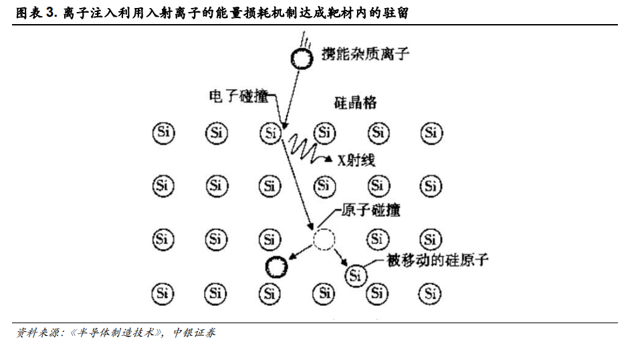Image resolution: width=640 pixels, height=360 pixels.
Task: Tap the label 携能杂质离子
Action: coord(365,54)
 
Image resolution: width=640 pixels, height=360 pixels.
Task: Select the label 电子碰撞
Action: coord(239,96)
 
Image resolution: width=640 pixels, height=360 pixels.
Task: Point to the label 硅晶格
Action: coord(355,102)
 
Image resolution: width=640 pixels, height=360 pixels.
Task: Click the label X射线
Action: coord(356,160)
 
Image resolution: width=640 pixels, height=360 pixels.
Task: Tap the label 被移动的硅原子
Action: coord(437,260)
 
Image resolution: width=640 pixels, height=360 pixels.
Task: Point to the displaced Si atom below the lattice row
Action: coord(356,276)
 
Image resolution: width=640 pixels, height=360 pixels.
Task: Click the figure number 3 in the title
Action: coord(51,13)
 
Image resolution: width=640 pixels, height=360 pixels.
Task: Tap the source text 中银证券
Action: coord(194,333)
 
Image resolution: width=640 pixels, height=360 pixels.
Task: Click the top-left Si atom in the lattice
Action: coord(164,132)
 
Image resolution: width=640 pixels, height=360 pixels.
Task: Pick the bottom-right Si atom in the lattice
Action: coord(430,293)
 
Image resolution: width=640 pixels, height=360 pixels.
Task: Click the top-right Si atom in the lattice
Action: coord(431,132)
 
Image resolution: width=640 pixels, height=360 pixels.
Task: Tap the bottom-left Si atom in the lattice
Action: coord(163,293)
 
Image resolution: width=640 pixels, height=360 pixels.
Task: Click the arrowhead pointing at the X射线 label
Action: coord(328,159)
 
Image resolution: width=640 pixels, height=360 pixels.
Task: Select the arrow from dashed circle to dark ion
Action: coord(301,252)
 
